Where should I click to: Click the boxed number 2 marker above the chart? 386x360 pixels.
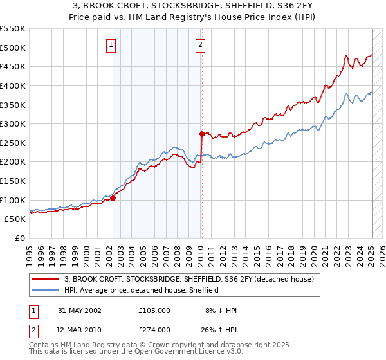pos(201,44)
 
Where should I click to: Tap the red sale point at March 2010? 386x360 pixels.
pos(202,134)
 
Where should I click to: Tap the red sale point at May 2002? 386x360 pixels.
pos(113,198)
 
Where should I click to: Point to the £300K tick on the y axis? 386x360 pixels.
pos(13,123)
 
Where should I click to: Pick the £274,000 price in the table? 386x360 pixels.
pos(154,330)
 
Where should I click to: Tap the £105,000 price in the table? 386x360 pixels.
pos(154,310)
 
